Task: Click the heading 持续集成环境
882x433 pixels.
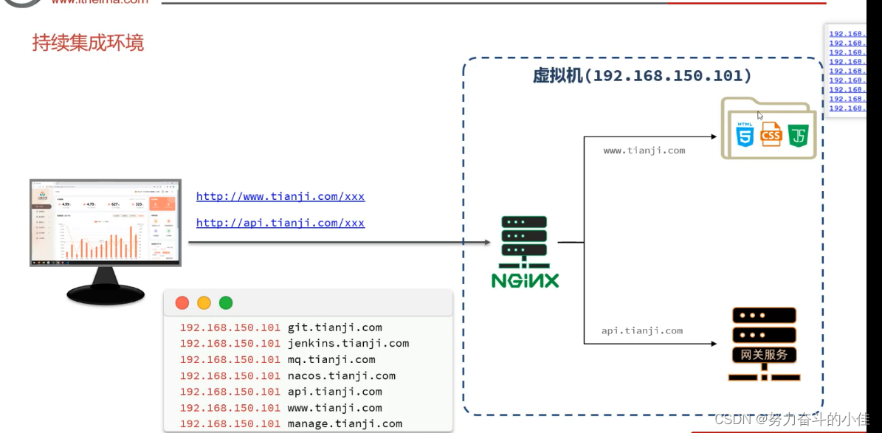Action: (88, 43)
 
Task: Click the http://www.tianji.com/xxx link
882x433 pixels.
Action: (280, 196)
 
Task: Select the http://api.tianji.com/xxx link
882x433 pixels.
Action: (280, 223)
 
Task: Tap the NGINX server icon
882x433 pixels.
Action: (525, 251)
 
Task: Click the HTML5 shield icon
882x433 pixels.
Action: (745, 134)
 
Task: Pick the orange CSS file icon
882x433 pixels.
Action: (771, 134)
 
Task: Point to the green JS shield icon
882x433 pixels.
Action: (799, 135)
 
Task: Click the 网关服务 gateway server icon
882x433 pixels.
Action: (764, 344)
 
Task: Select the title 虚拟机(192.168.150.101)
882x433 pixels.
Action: (642, 76)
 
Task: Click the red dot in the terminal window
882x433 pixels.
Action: (182, 302)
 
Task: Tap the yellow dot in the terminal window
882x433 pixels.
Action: (204, 302)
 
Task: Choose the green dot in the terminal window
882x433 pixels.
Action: (226, 302)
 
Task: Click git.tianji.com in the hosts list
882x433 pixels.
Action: (334, 328)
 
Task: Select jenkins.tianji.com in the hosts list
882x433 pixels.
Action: (348, 343)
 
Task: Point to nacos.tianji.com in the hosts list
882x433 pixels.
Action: (341, 375)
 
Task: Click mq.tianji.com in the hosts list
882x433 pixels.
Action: (331, 359)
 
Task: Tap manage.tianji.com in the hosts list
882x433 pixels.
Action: (345, 423)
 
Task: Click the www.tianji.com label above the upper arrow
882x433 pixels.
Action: (644, 150)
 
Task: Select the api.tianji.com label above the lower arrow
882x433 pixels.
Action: (641, 330)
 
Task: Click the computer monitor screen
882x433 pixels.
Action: (105, 222)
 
